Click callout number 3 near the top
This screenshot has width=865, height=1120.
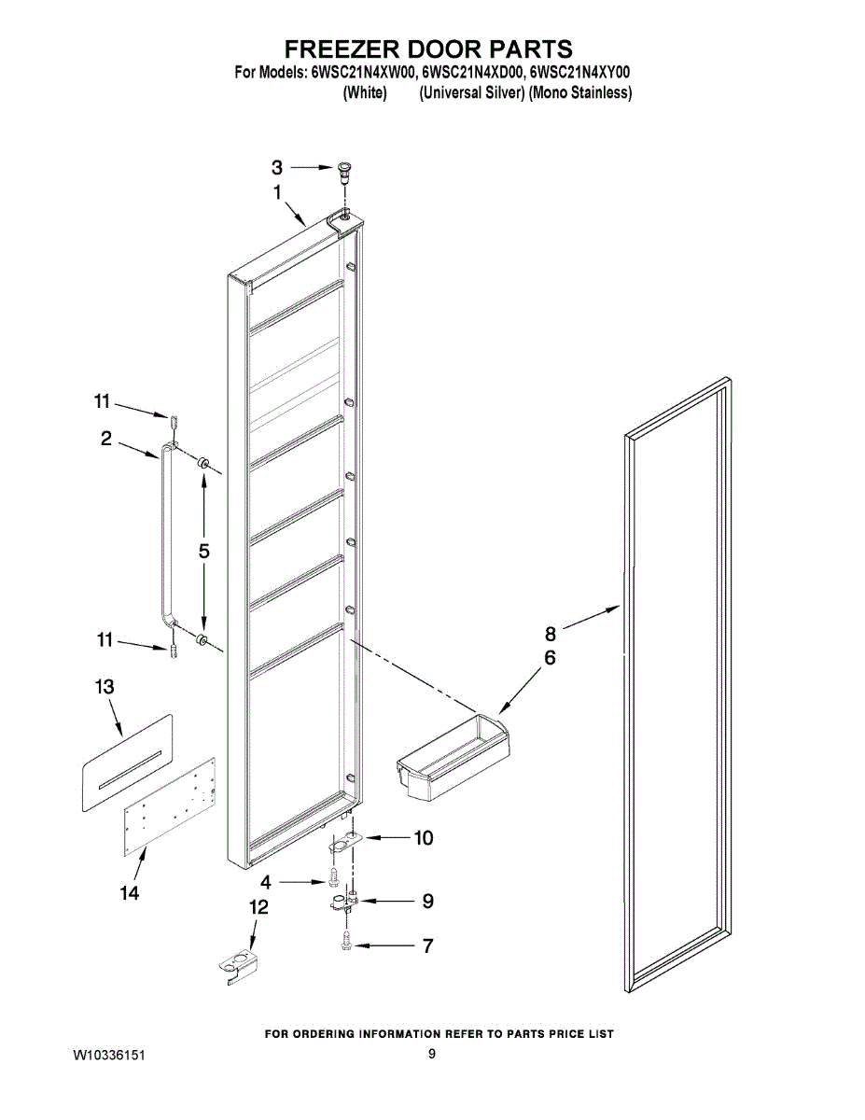point(276,168)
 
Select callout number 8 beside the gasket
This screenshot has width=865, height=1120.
point(551,632)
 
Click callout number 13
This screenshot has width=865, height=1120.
point(105,687)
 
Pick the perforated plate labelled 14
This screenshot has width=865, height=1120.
point(170,805)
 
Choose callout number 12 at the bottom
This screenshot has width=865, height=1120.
point(258,906)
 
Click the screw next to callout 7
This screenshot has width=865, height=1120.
point(347,945)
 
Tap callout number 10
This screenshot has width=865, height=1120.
point(423,838)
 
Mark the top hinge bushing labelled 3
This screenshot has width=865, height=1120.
point(345,170)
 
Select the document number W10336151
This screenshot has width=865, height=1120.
point(109,1056)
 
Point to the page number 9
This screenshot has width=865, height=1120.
point(432,1055)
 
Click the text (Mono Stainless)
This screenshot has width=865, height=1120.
point(580,93)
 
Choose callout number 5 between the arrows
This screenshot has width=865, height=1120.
point(203,551)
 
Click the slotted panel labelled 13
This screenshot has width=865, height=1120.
point(126,761)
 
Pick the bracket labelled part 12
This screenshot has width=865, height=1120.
point(238,966)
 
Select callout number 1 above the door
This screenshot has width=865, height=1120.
point(277,191)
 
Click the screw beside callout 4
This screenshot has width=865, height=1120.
point(332,879)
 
